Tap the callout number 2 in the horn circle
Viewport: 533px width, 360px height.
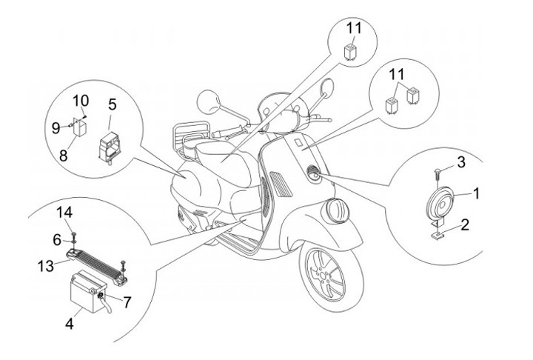[463, 225]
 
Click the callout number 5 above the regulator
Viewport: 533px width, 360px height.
[113, 102]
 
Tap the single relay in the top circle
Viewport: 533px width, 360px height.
[352, 50]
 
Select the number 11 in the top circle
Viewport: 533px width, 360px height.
[355, 29]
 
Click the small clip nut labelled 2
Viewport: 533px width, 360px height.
[438, 236]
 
